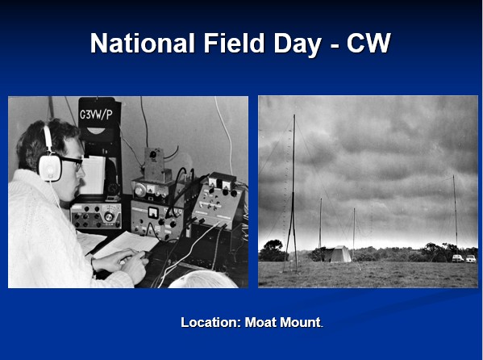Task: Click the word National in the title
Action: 142,43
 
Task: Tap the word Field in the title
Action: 234,43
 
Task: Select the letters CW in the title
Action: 368,43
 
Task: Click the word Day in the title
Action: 298,45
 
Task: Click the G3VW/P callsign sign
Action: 97,115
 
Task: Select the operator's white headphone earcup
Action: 50,167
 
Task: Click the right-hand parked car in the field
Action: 471,259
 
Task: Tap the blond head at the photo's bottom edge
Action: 203,279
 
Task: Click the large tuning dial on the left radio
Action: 109,216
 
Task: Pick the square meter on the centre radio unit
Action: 153,212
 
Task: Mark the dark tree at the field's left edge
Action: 273,250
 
